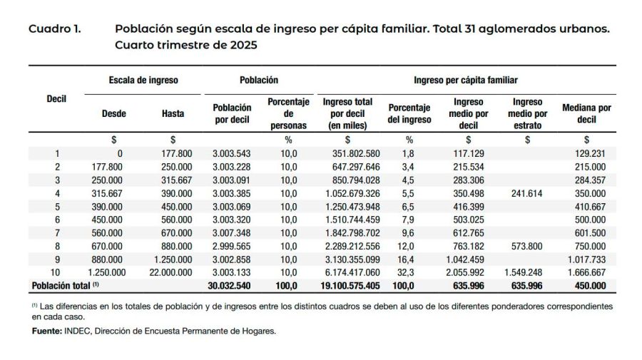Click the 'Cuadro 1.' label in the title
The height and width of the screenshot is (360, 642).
[54, 30]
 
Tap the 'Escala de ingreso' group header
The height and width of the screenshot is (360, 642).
[143, 81]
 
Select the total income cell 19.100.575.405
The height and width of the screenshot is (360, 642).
[345, 286]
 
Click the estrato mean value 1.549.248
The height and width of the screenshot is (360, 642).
[525, 272]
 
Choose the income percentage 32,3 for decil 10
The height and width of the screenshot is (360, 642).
[409, 272]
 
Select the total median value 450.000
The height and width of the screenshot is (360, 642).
[590, 286]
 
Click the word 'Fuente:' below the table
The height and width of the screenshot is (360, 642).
[46, 331]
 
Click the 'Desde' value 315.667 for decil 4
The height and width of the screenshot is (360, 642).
[106, 193]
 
